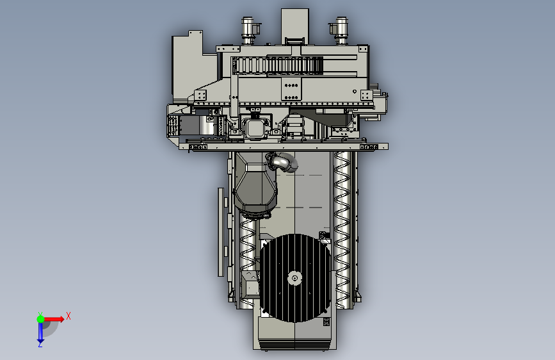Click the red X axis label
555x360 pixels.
pos(68,316)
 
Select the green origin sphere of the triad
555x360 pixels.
pos(40,319)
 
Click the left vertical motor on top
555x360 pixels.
pos(248,31)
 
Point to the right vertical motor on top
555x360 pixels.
pos(340,31)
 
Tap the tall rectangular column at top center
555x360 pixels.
pos(295,26)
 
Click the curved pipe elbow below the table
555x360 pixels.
pos(283,162)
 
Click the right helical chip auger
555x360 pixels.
pos(342,229)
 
